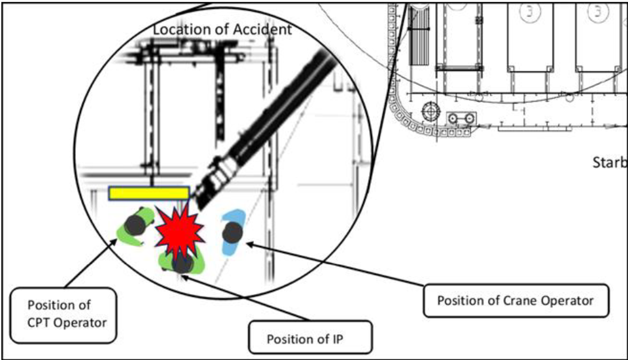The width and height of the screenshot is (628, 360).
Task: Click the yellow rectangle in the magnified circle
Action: click(x=149, y=193)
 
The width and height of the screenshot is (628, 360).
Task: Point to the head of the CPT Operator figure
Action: click(x=135, y=225)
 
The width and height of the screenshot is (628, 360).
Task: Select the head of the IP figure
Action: click(x=182, y=263)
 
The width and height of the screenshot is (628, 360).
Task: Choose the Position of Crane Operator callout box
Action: click(x=515, y=301)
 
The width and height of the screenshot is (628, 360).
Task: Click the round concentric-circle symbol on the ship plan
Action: click(x=431, y=111)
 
